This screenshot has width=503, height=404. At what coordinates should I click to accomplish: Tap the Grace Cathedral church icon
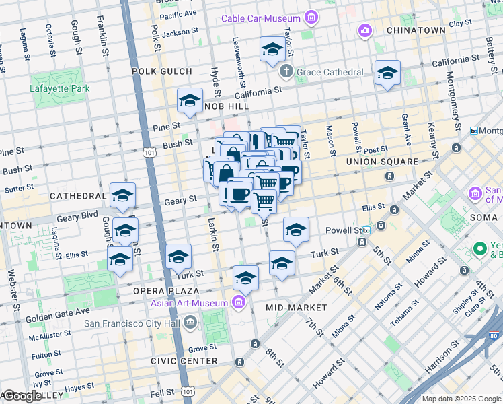coord(285,71)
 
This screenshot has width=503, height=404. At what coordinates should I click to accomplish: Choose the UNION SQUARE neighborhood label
coord(382,162)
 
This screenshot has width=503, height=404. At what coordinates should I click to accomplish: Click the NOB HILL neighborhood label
coord(227,106)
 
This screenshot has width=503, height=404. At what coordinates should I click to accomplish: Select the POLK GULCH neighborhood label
coord(161,71)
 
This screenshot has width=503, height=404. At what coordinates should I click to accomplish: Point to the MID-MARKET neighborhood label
coord(296,307)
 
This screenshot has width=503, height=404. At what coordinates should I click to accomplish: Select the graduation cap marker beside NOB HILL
coord(190,101)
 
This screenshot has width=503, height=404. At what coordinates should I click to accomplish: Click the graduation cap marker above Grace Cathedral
coord(272,49)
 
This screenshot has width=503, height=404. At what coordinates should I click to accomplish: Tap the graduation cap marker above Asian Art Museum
coord(245,277)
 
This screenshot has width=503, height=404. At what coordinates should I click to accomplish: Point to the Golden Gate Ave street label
coord(58,314)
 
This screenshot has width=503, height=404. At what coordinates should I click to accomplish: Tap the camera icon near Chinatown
coord(364,30)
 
